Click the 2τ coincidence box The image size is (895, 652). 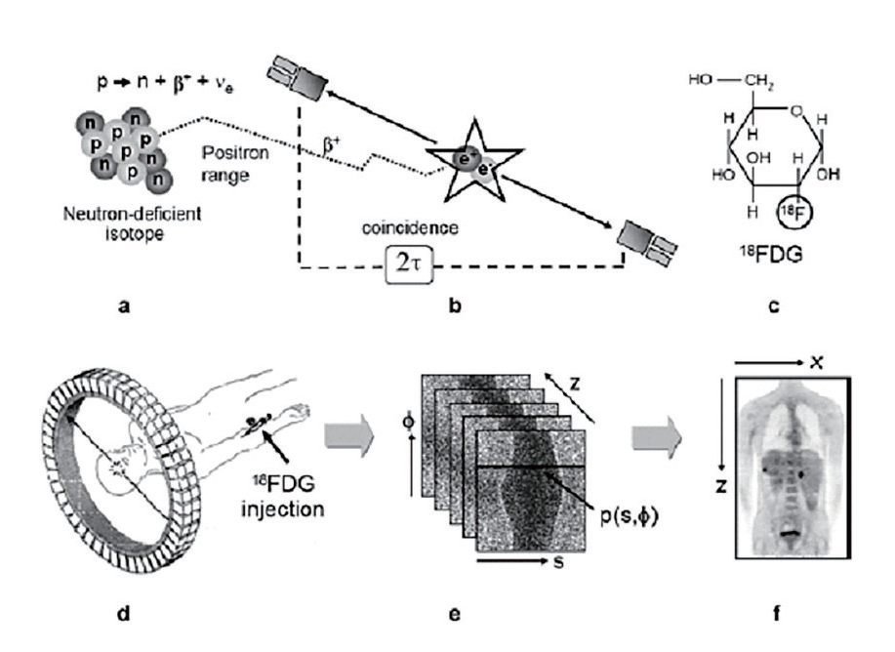coord(409,264)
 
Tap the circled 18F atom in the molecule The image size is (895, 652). coord(794,212)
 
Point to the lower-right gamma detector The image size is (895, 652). coord(647,243)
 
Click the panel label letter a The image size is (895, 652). coord(124,306)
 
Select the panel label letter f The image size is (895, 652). coord(776,614)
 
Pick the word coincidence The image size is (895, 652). coord(410,227)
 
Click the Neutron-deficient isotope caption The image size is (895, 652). coord(133,224)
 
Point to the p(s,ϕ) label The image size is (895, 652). coord(629,516)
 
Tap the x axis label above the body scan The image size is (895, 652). coord(817,362)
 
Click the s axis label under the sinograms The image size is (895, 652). coord(558,562)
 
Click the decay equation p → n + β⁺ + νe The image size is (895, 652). coord(165,83)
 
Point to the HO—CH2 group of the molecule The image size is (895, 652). coord(731,81)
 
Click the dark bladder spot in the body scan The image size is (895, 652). coord(791,533)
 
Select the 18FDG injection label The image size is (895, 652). coord(282,496)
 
